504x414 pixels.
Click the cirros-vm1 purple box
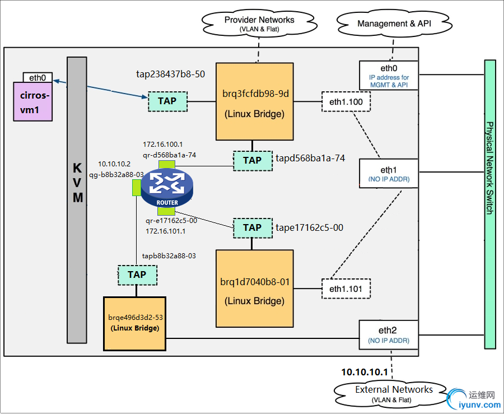pyautogui.click(x=32, y=101)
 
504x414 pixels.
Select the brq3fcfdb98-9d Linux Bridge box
pyautogui.click(x=255, y=101)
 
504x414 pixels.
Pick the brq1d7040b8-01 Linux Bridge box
pyautogui.click(x=255, y=289)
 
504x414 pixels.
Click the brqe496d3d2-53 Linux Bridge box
pyautogui.click(x=135, y=323)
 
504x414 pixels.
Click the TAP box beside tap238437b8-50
pyautogui.click(x=167, y=101)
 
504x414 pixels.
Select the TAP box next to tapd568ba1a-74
pyautogui.click(x=252, y=160)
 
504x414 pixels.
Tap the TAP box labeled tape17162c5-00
pyautogui.click(x=252, y=227)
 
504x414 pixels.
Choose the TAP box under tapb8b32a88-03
pyautogui.click(x=137, y=275)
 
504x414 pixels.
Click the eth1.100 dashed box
pyautogui.click(x=346, y=102)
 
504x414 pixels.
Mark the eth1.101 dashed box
pyautogui.click(x=346, y=289)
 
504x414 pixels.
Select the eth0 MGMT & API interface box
pyautogui.click(x=389, y=75)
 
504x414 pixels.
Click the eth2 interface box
pyautogui.click(x=389, y=334)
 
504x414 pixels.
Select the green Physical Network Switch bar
pyautogui.click(x=490, y=204)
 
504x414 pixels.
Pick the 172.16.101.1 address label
pyautogui.click(x=165, y=231)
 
